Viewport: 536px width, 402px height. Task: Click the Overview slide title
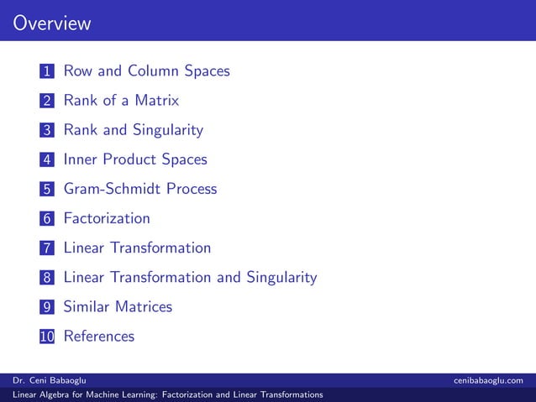tap(51, 23)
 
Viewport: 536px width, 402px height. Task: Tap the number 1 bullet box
tap(47, 72)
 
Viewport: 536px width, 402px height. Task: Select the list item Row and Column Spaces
tap(146, 71)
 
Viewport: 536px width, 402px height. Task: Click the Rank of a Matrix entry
tap(121, 101)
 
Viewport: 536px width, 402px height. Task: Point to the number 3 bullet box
tap(47, 131)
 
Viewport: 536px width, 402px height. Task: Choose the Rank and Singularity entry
tap(133, 130)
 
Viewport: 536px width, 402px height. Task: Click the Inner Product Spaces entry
tap(134, 159)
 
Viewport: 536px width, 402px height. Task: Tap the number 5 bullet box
tap(47, 190)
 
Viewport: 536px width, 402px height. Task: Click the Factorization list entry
tap(107, 218)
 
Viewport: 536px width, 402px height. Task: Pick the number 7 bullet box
tap(47, 248)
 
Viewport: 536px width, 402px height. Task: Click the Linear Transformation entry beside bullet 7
tap(137, 248)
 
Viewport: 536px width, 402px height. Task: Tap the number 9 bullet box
tap(47, 307)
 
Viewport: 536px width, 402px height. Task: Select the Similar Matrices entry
tap(118, 306)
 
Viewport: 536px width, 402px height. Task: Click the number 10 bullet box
tap(47, 337)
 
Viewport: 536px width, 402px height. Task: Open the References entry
tap(98, 336)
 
